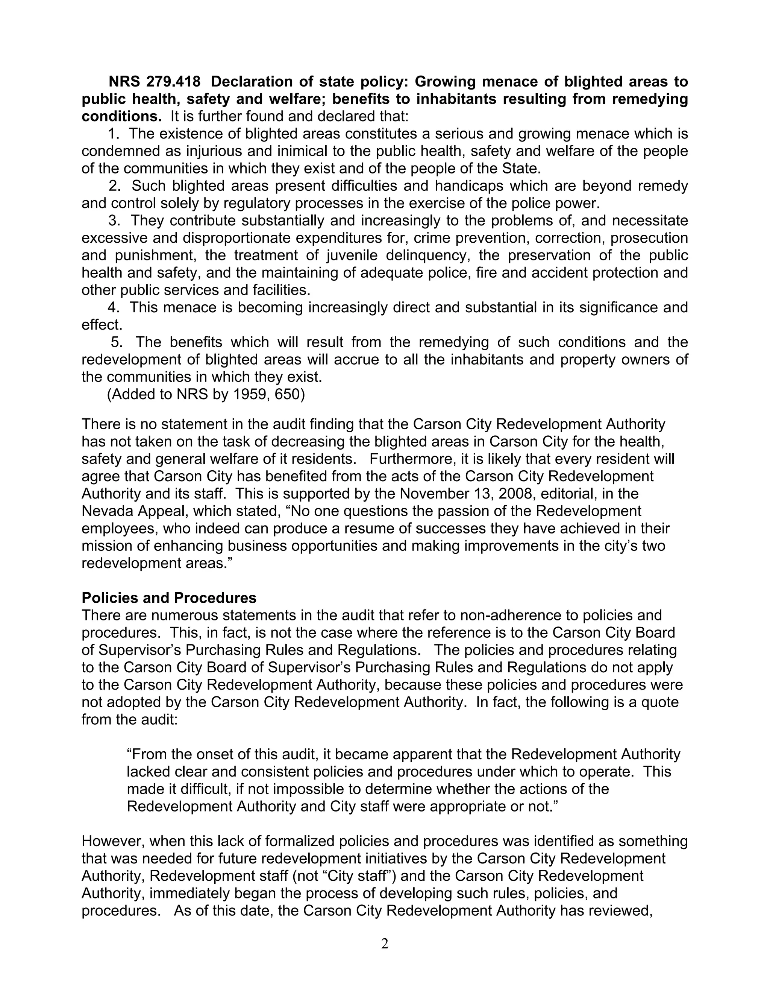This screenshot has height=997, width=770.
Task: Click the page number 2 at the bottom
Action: click(385, 944)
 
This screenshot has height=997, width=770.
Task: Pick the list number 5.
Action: click(116, 342)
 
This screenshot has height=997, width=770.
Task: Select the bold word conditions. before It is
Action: click(121, 116)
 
